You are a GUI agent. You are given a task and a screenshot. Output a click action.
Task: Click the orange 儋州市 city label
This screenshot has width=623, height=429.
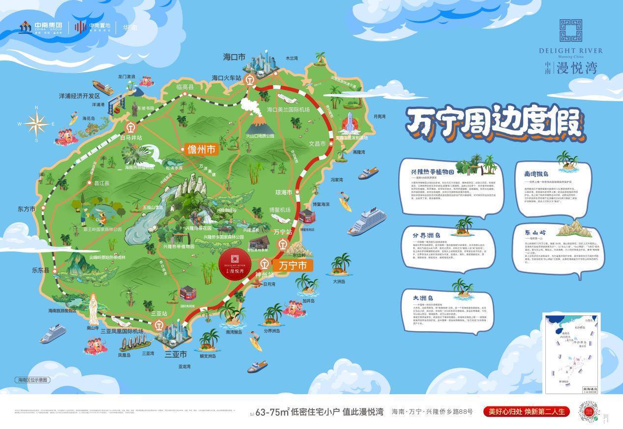201,150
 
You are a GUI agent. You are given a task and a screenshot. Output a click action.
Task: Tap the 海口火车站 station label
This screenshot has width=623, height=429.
226,78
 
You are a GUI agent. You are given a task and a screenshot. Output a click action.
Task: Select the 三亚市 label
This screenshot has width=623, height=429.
176,354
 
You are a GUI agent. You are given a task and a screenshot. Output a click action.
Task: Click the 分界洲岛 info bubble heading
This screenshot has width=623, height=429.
426,236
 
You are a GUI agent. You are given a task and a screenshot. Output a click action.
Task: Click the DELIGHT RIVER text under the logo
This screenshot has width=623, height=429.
570,51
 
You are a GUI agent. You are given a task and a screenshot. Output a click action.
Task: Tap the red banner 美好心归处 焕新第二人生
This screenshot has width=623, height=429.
526,412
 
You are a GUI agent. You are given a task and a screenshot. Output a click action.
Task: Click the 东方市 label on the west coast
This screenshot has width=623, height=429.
27,209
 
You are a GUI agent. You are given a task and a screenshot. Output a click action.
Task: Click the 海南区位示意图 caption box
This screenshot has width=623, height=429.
33,380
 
